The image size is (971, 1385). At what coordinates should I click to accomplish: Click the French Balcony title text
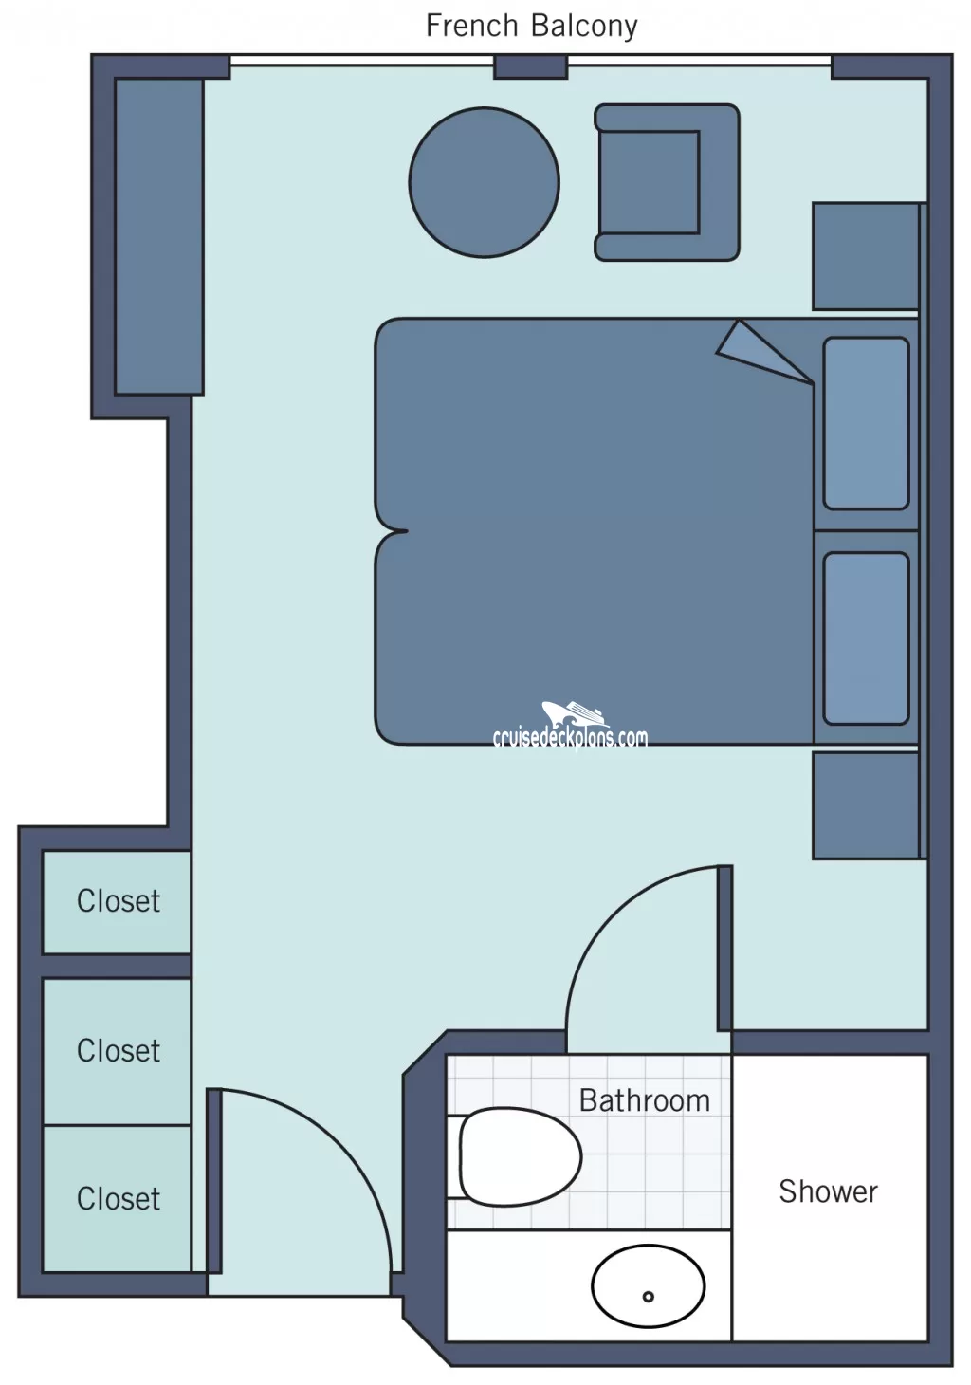pyautogui.click(x=532, y=27)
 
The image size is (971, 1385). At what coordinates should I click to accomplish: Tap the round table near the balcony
pyautogui.click(x=484, y=182)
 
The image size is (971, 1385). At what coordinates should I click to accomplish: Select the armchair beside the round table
pyautogui.click(x=667, y=182)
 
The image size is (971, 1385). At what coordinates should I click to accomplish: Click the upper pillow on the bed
pyautogui.click(x=866, y=423)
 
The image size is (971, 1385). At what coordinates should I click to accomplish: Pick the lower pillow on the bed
pyautogui.click(x=866, y=638)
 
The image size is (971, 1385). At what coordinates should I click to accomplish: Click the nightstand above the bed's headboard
pyautogui.click(x=866, y=256)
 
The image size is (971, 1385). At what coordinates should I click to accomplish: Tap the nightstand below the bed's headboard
pyautogui.click(x=866, y=805)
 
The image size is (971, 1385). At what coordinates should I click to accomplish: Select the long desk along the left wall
pyautogui.click(x=159, y=237)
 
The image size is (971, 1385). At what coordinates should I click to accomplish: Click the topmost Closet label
pyautogui.click(x=118, y=901)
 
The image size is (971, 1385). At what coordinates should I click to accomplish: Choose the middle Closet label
pyautogui.click(x=118, y=1050)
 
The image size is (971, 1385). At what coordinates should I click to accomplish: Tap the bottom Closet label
pyautogui.click(x=118, y=1199)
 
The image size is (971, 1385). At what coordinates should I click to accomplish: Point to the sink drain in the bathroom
pyautogui.click(x=648, y=1297)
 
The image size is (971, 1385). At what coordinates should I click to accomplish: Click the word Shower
pyautogui.click(x=828, y=1191)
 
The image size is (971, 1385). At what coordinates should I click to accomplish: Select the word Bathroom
pyautogui.click(x=645, y=1101)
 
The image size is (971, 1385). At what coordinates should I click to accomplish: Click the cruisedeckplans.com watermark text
pyautogui.click(x=570, y=738)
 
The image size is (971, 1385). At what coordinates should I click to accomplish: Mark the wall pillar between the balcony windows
pyautogui.click(x=530, y=66)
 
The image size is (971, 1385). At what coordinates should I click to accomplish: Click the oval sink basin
pyautogui.click(x=648, y=1286)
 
